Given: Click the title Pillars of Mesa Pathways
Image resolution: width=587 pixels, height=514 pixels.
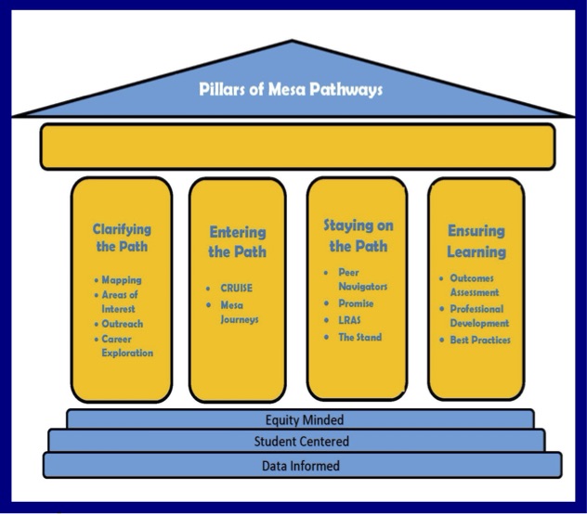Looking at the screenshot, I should click(x=291, y=90).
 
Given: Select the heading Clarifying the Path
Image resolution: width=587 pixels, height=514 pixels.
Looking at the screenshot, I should click(x=122, y=238).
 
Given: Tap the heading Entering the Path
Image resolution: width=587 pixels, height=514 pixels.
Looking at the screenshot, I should click(x=238, y=241).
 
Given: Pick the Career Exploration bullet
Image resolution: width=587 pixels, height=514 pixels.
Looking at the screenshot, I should click(x=127, y=346).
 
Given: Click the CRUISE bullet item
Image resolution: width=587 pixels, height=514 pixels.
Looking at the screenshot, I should click(x=235, y=288).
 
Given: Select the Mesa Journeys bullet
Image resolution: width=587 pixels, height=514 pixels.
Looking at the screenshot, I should click(x=239, y=313).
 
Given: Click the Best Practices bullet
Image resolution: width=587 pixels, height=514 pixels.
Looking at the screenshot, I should click(x=479, y=341).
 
